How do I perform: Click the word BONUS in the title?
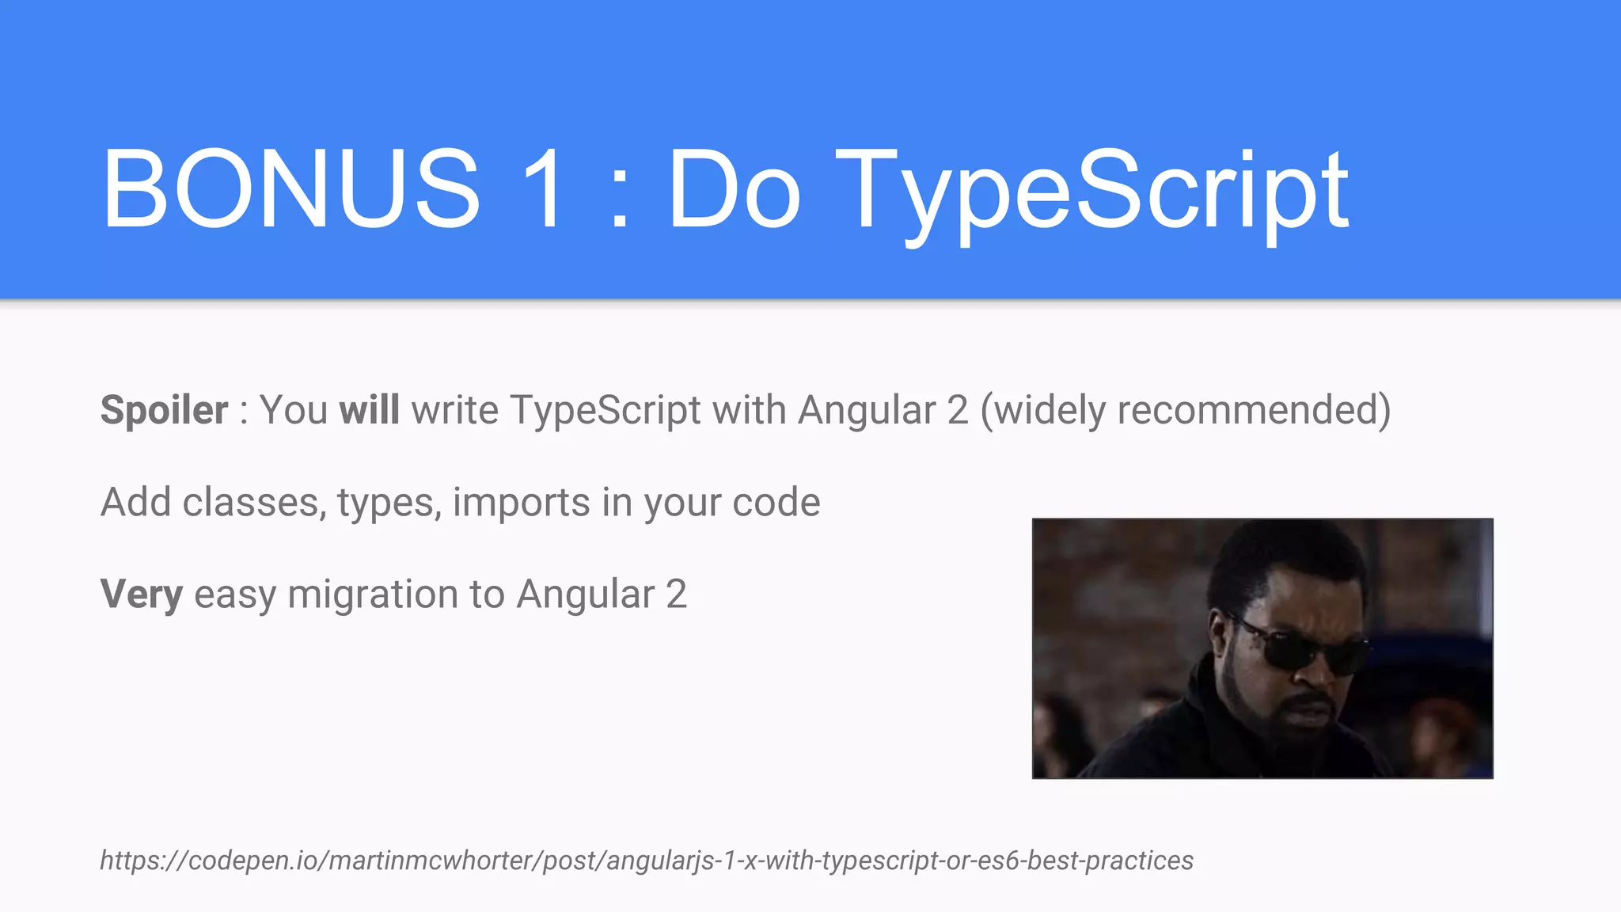(291, 189)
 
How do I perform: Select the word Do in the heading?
(735, 189)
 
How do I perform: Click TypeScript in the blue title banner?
(1092, 189)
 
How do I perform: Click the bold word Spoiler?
(164, 410)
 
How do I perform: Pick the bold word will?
(369, 410)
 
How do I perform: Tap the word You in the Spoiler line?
(294, 410)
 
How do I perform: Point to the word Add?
(135, 502)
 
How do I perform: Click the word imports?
(521, 502)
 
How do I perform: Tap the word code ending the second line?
(776, 502)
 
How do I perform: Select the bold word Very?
(142, 594)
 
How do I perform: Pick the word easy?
(235, 594)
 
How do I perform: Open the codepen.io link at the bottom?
(646, 860)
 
